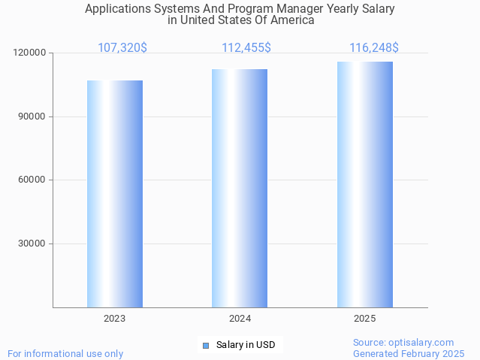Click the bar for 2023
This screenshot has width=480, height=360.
pos(115,194)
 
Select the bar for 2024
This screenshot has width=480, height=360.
pos(240,188)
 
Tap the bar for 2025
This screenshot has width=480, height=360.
pos(365,184)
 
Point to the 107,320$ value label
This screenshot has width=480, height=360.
pos(122,48)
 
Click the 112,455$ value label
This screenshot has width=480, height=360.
pos(246,48)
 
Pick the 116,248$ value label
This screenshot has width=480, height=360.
pos(374,48)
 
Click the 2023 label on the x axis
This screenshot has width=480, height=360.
pos(115,319)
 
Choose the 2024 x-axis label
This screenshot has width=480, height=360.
pos(240,319)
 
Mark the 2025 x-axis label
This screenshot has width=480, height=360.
pos(365,319)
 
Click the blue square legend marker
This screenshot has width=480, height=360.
pos(206,346)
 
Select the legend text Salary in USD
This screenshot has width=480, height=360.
pos(246,346)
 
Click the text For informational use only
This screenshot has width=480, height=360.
pos(65,354)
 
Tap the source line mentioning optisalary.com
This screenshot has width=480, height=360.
pos(403,343)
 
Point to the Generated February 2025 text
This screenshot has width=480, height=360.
pos(409,354)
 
